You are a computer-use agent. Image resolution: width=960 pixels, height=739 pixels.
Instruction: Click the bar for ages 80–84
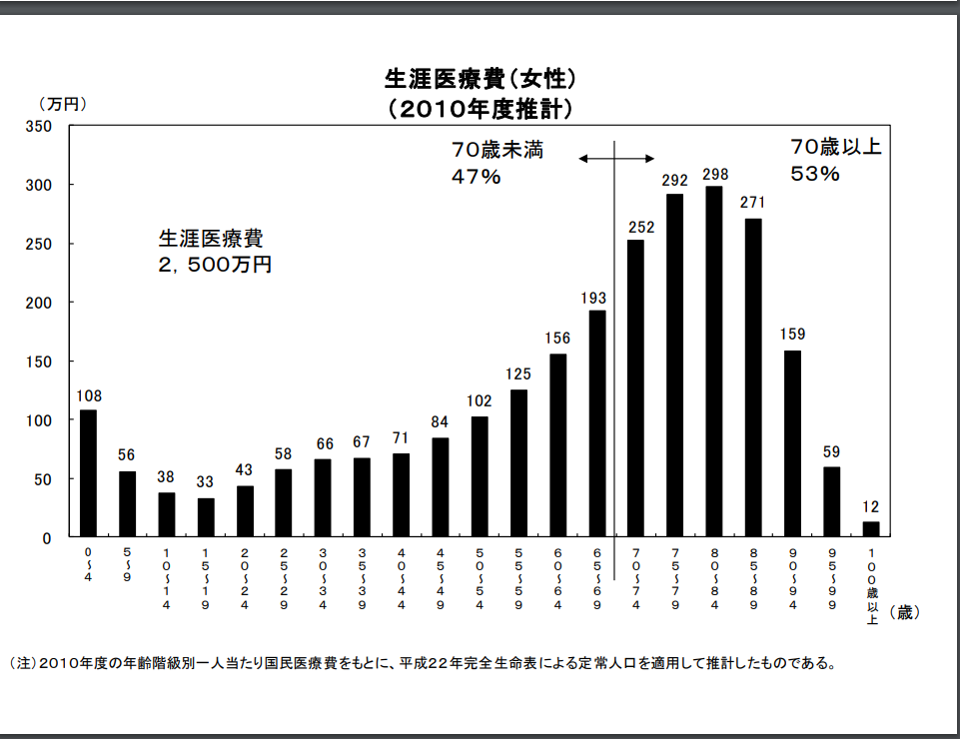click(x=714, y=362)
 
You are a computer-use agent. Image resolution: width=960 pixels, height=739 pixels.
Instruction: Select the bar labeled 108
click(x=88, y=473)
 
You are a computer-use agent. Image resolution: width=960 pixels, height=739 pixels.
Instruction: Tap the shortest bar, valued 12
click(x=871, y=529)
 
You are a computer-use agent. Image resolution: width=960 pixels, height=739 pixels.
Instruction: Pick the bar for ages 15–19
click(x=206, y=517)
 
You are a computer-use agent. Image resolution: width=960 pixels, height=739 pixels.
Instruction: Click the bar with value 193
click(x=597, y=423)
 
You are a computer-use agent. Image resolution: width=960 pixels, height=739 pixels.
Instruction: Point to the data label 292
click(x=675, y=181)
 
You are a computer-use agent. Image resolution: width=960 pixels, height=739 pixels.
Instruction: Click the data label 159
click(x=793, y=334)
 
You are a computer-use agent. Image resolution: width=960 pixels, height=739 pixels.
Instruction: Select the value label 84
click(x=441, y=422)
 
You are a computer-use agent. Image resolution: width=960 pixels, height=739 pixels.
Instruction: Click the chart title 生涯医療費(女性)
click(x=480, y=78)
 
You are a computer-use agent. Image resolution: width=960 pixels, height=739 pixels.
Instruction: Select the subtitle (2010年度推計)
click(x=480, y=107)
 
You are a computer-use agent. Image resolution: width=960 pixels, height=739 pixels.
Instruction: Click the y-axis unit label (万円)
click(x=64, y=104)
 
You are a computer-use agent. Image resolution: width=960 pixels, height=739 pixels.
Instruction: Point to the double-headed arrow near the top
click(x=616, y=158)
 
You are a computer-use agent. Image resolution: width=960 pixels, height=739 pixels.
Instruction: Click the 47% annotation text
click(x=476, y=177)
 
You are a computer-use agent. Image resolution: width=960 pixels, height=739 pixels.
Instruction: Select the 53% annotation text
click(x=815, y=173)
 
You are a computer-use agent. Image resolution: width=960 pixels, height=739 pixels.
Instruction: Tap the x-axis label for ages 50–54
click(x=480, y=578)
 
